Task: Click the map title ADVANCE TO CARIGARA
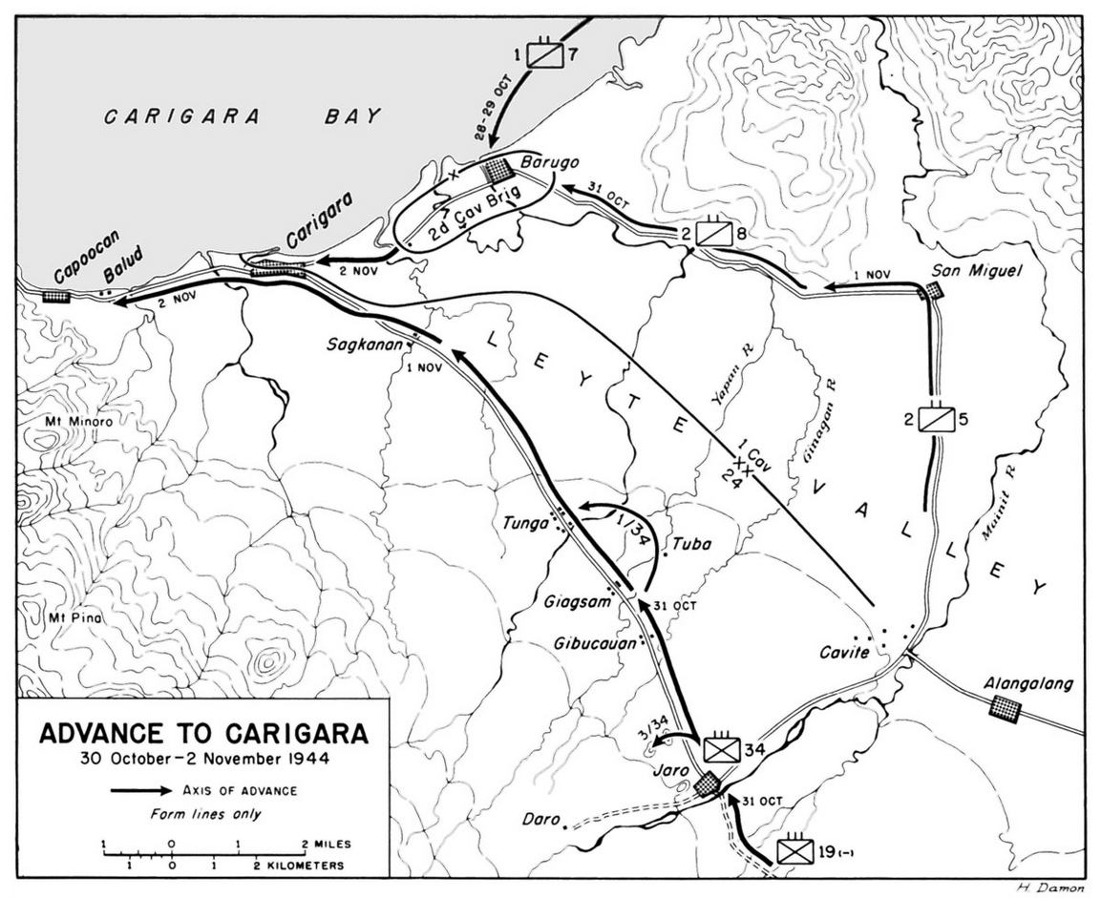[x=202, y=735]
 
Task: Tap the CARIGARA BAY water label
[x=243, y=117]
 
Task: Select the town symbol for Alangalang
[x=1005, y=707]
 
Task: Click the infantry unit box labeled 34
[x=720, y=750]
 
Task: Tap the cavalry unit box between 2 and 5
[x=934, y=418]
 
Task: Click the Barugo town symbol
[x=498, y=172]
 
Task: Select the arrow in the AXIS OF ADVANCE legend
[x=139, y=790]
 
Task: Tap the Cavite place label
[x=844, y=653]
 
